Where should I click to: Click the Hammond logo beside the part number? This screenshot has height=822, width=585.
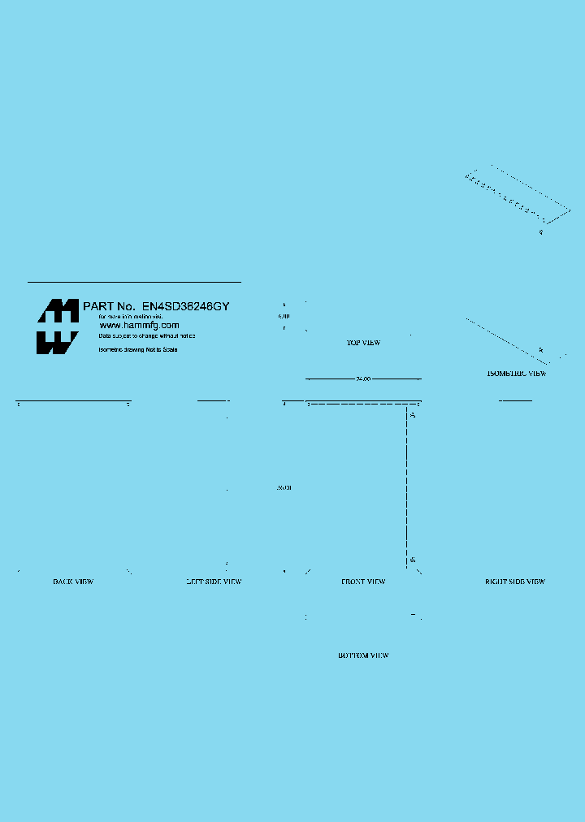pos(57,327)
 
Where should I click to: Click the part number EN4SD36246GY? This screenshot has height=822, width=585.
pos(186,306)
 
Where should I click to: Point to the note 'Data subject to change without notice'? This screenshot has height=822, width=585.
pos(147,335)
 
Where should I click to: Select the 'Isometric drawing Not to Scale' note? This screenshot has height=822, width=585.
pos(138,349)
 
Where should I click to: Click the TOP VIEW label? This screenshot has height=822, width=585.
pos(363,343)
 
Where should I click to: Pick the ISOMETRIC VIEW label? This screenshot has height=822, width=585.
pos(516,374)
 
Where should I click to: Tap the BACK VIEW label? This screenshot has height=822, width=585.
pos(73,582)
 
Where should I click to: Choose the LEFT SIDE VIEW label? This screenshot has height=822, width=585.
pos(214,582)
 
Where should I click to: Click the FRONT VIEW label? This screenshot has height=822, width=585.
pos(363,582)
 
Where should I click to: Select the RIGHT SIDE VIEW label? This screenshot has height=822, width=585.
pos(515,582)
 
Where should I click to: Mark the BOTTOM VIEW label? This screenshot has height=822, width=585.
pos(363,655)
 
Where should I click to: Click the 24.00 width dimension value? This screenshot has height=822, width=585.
pos(363,379)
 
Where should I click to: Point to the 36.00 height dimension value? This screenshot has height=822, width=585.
pos(284,487)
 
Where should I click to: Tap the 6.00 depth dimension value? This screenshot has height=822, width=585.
pos(284,315)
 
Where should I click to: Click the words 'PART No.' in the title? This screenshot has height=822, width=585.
pos(109,306)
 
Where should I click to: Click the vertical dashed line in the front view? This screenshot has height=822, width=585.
pos(407,487)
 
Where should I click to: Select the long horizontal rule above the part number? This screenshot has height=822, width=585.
pos(134,282)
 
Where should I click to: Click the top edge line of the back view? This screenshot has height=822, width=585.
pos(73,401)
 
